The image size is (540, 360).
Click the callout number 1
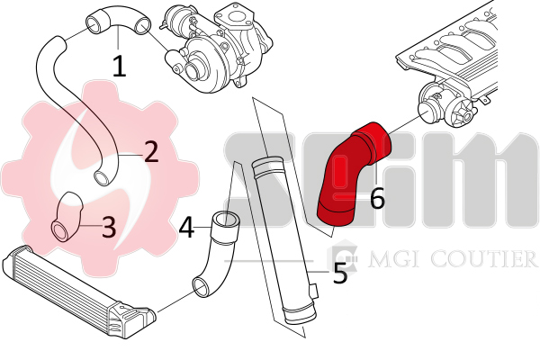(119, 66)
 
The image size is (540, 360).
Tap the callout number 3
(109, 227)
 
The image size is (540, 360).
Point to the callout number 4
(186, 228)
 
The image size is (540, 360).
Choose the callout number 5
(340, 273)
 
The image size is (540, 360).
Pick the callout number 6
(377, 198)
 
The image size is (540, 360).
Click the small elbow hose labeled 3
(67, 216)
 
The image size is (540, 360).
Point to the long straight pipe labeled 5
(283, 241)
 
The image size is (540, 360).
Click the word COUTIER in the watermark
(483, 258)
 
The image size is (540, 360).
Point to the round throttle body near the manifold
(431, 110)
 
